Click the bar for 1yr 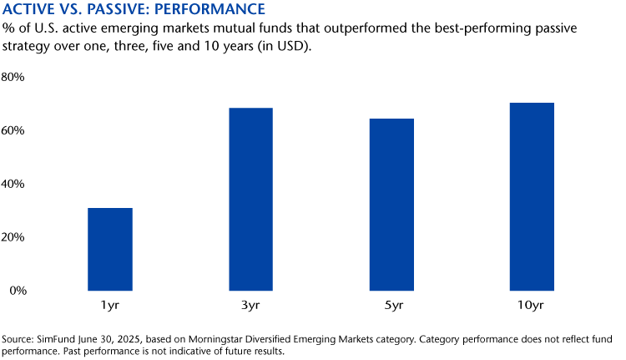coord(110,249)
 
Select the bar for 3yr coord(250,199)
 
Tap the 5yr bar coord(391,205)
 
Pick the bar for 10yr coord(532,196)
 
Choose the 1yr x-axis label coord(110,307)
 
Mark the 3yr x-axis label coord(250,307)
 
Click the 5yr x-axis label coord(391,307)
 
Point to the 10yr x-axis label coord(532,307)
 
